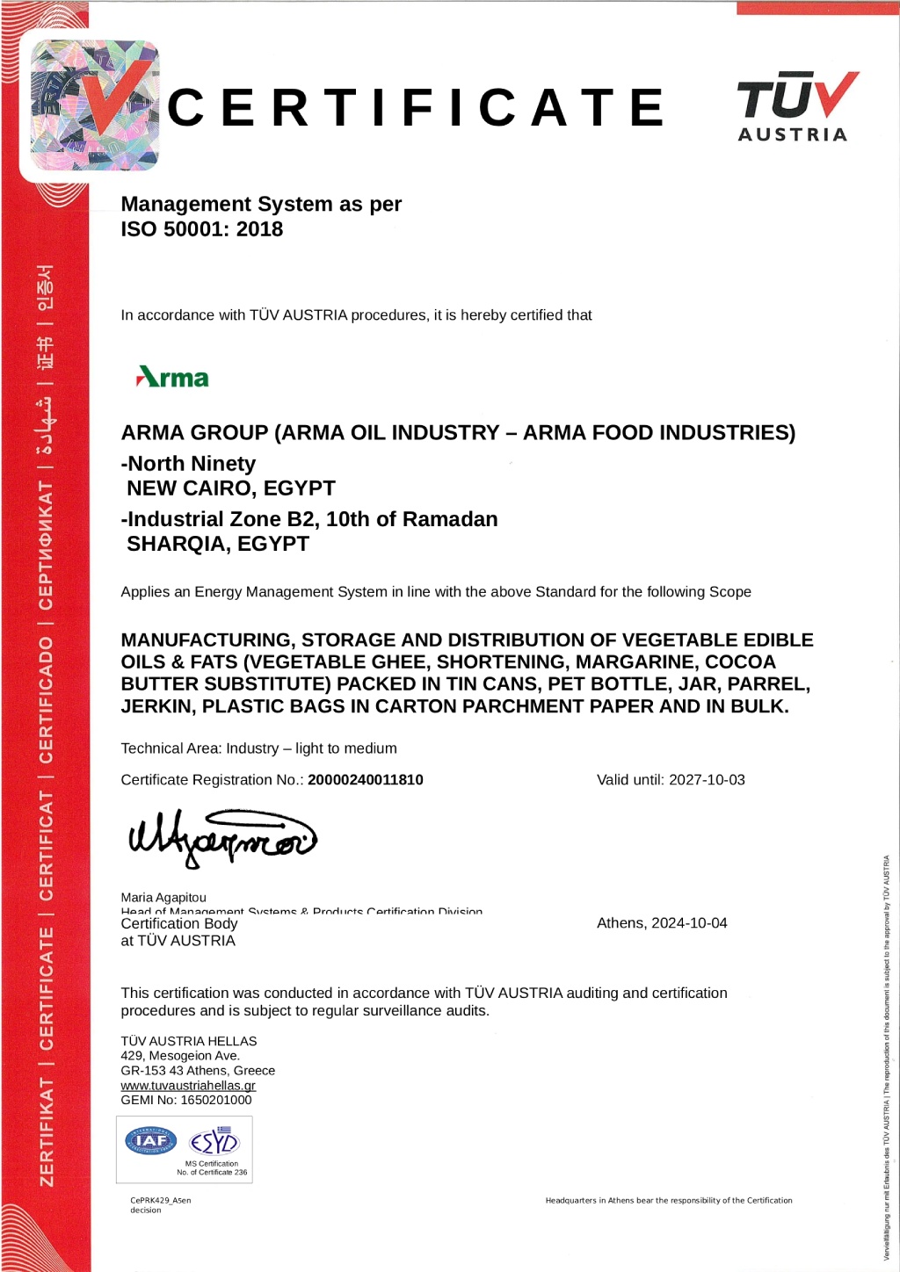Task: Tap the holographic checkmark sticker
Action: pyautogui.click(x=95, y=105)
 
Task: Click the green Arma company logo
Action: pyautogui.click(x=173, y=378)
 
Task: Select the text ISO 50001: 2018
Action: pyautogui.click(x=202, y=229)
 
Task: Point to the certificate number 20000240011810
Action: pyautogui.click(x=365, y=780)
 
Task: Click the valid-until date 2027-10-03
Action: pyautogui.click(x=707, y=780)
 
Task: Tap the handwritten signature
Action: pyautogui.click(x=221, y=838)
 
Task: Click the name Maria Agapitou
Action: pyautogui.click(x=163, y=897)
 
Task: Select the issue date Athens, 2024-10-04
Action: pyautogui.click(x=662, y=923)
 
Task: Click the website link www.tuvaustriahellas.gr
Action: pyautogui.click(x=188, y=1086)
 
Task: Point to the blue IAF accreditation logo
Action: pyautogui.click(x=151, y=1141)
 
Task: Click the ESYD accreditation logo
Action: pyautogui.click(x=214, y=1141)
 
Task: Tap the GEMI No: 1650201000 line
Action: pyautogui.click(x=186, y=1100)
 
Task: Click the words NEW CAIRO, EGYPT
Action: pyautogui.click(x=231, y=488)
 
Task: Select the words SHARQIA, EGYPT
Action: pyautogui.click(x=218, y=545)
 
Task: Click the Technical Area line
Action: pyautogui.click(x=258, y=748)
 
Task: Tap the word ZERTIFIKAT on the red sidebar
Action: pyautogui.click(x=47, y=1132)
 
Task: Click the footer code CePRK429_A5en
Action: pyautogui.click(x=161, y=1200)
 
